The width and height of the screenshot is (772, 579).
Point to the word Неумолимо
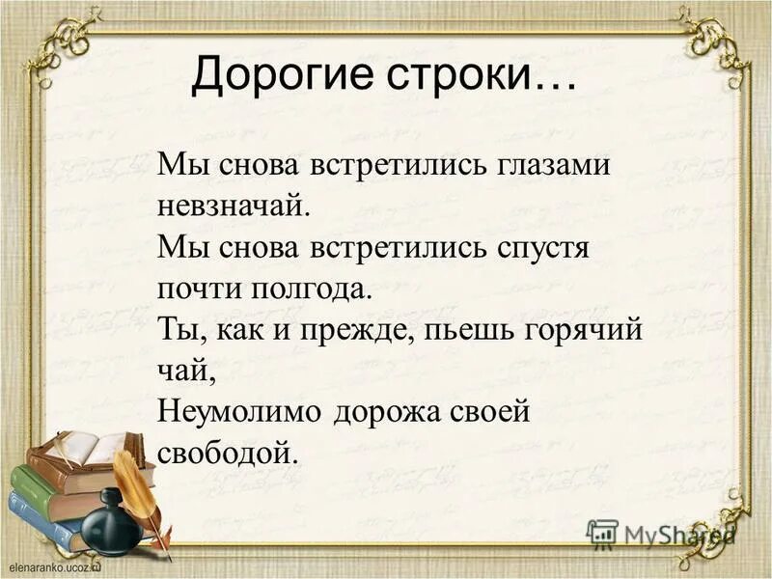click(237, 412)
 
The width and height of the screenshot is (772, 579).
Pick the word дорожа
click(390, 412)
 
